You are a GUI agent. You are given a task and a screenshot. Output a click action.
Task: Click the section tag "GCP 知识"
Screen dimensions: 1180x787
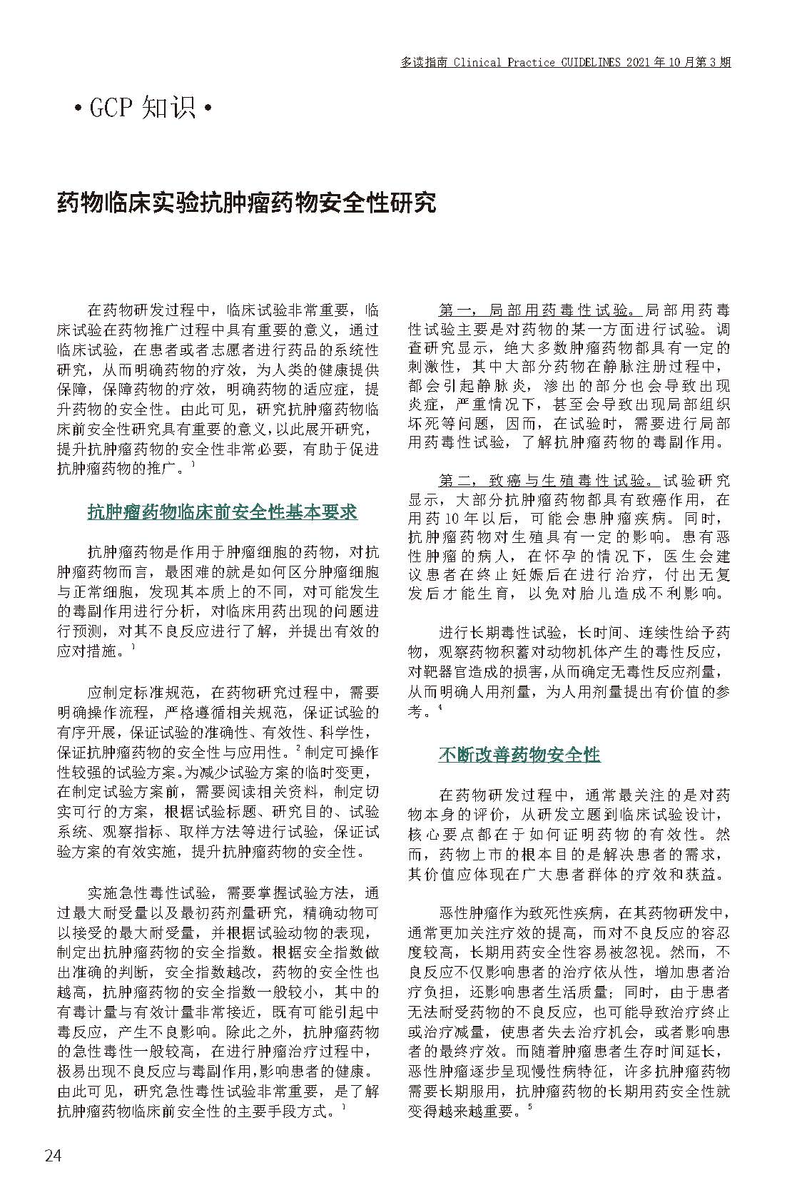point(143,108)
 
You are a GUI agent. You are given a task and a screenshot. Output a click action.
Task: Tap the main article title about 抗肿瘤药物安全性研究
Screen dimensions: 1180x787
point(246,203)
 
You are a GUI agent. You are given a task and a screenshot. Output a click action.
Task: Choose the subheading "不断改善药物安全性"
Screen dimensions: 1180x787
point(519,754)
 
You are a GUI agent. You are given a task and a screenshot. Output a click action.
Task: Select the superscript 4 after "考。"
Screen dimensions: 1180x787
point(441,706)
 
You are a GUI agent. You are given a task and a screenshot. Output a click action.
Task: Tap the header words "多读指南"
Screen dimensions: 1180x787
point(424,63)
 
